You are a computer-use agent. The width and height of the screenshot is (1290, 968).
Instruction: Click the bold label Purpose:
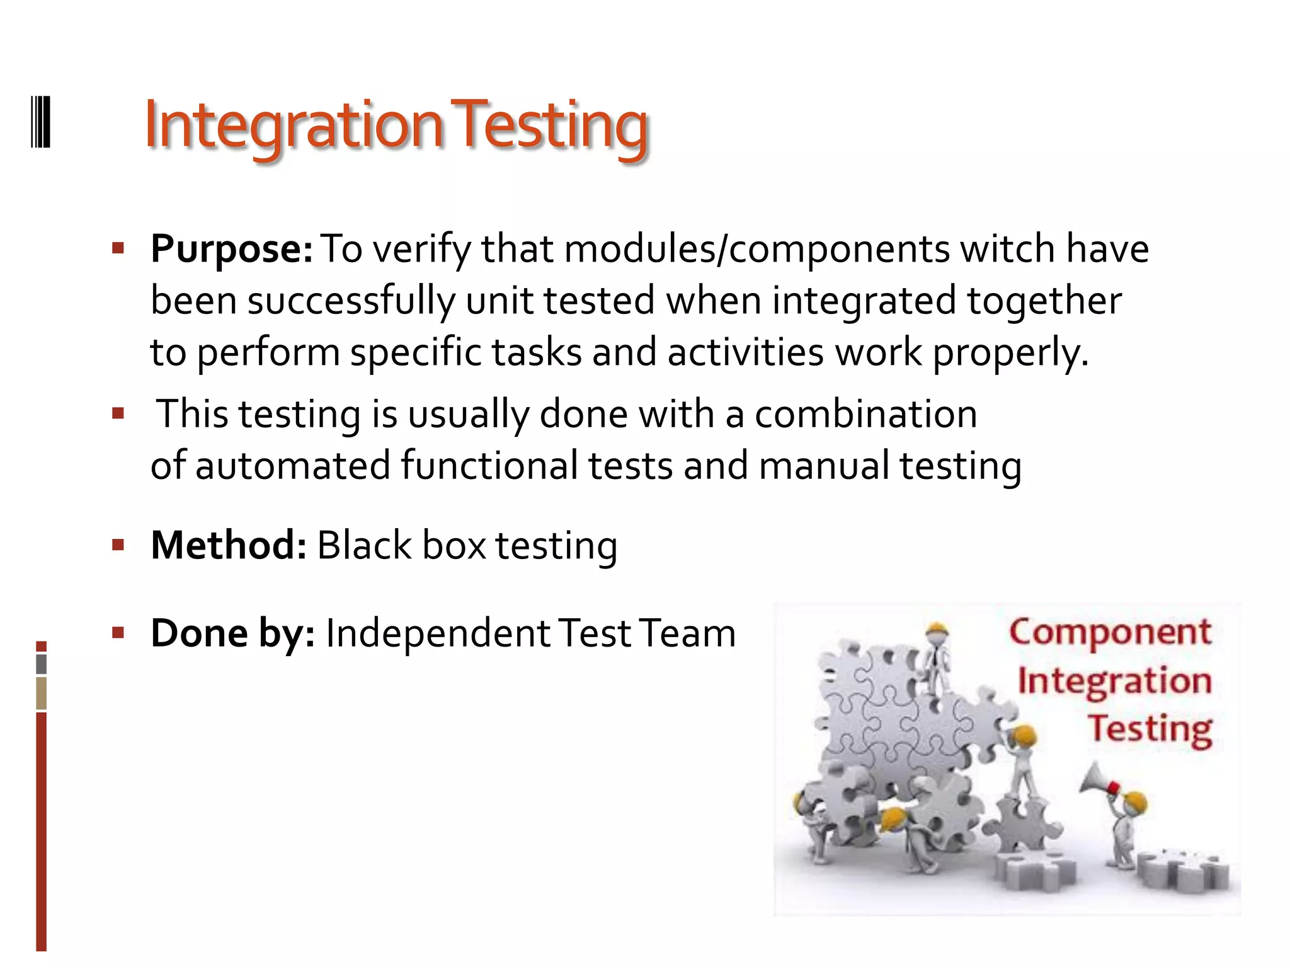pyautogui.click(x=231, y=249)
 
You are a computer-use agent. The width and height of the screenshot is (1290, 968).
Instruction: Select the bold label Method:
pyautogui.click(x=229, y=545)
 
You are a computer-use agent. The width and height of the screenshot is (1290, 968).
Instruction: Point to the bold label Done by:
pyautogui.click(x=232, y=633)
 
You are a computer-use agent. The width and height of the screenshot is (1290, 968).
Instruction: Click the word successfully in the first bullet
pyautogui.click(x=351, y=301)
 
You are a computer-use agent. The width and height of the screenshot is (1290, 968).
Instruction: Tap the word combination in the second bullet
pyautogui.click(x=866, y=415)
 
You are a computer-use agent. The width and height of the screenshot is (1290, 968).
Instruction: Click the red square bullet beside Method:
pyautogui.click(x=118, y=544)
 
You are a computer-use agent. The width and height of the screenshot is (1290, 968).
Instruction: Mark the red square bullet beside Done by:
pyautogui.click(x=118, y=632)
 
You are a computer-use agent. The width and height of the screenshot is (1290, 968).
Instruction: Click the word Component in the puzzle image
pyautogui.click(x=1110, y=632)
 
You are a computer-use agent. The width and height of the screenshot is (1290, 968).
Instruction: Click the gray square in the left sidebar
pyautogui.click(x=42, y=664)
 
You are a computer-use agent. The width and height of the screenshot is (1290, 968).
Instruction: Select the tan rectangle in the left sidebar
pyautogui.click(x=42, y=693)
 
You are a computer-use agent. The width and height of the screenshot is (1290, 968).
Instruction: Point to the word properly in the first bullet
pyautogui.click(x=1010, y=353)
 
